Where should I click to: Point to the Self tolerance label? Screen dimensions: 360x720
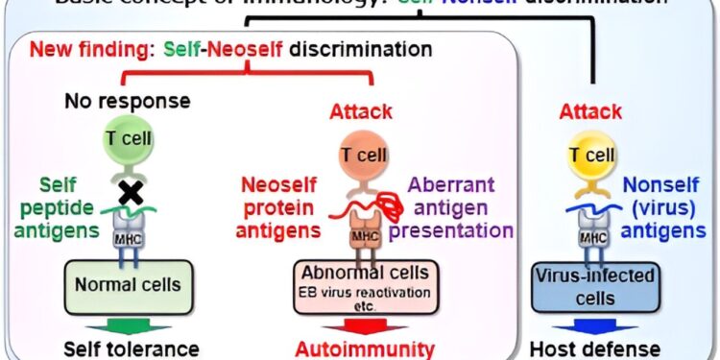132,348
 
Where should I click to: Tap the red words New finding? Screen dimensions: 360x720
77,47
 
